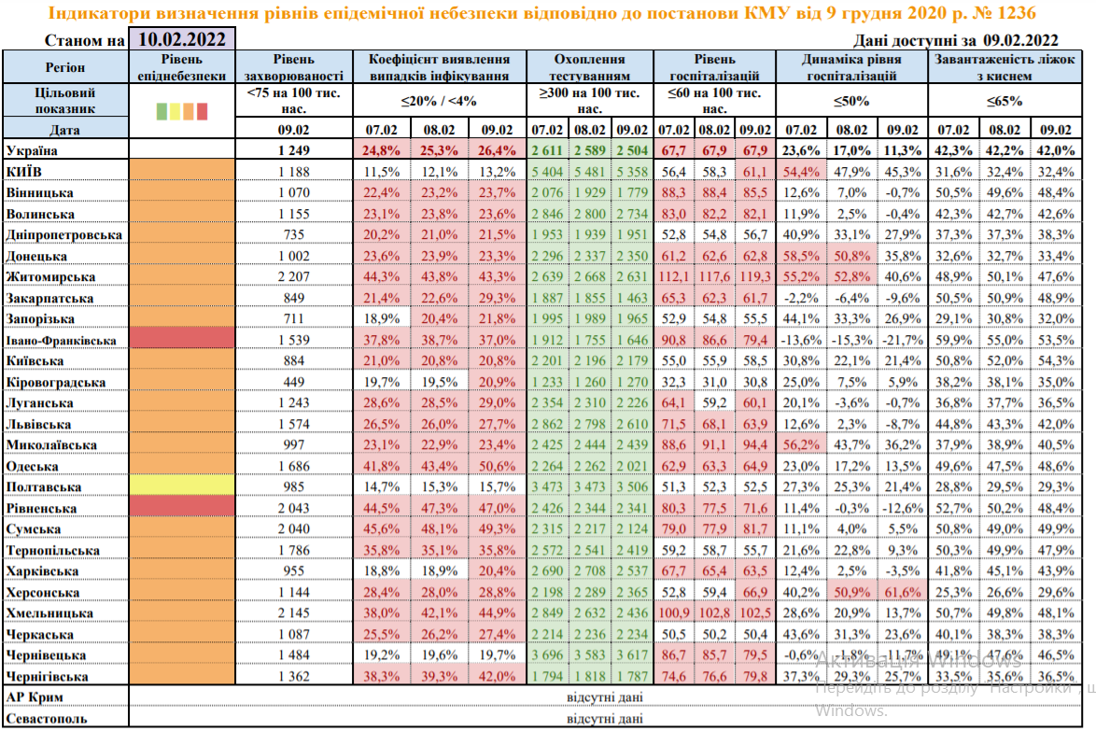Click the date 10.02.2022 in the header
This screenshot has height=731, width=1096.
point(182,40)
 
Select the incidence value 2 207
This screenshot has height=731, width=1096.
point(294,276)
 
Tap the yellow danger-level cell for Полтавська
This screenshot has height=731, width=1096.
point(182,486)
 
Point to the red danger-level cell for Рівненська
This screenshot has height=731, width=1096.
point(182,508)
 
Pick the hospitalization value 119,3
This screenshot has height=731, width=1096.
point(754,276)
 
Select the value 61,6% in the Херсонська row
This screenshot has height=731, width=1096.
point(902,592)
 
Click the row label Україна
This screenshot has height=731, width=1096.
point(32,149)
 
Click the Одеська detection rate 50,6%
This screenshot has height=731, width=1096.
point(496,466)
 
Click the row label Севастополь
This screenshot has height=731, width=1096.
point(47,719)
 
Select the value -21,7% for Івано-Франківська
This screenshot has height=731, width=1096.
point(902,340)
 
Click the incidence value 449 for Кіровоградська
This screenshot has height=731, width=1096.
point(294,382)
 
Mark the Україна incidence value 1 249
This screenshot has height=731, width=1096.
point(294,149)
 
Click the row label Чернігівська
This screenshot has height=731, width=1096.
point(48,676)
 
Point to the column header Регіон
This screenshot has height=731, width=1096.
point(64,67)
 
